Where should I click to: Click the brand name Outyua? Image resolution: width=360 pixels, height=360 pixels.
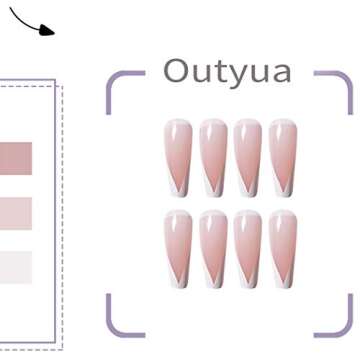[227, 71]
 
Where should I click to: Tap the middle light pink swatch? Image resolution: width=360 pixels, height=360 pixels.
[14, 212]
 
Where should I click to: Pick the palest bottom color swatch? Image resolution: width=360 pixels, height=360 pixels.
[14, 267]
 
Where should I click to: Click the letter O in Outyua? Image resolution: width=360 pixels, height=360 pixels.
[176, 71]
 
